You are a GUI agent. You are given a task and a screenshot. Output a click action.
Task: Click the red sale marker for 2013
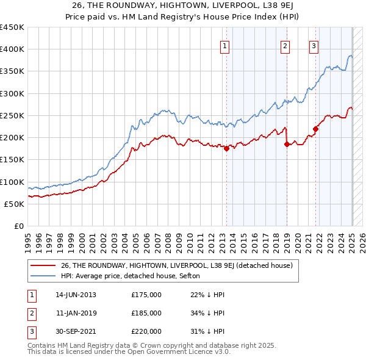[226, 148]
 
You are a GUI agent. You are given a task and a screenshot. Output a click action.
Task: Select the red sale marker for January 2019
[287, 144]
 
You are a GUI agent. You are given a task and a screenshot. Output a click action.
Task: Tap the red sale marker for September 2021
[316, 129]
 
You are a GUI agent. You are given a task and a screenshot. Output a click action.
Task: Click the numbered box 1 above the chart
[225, 45]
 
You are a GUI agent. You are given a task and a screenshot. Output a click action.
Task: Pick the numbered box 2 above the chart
[285, 45]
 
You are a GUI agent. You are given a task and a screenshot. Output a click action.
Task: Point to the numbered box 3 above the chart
[314, 45]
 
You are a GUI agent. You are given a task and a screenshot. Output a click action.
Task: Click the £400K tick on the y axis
[12, 49]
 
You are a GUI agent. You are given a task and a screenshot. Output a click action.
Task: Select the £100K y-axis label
[12, 182]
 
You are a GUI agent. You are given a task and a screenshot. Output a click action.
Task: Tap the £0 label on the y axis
[18, 226]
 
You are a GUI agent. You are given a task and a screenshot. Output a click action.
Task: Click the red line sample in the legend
[43, 265]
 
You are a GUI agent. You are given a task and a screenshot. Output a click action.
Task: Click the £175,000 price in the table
[146, 295]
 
